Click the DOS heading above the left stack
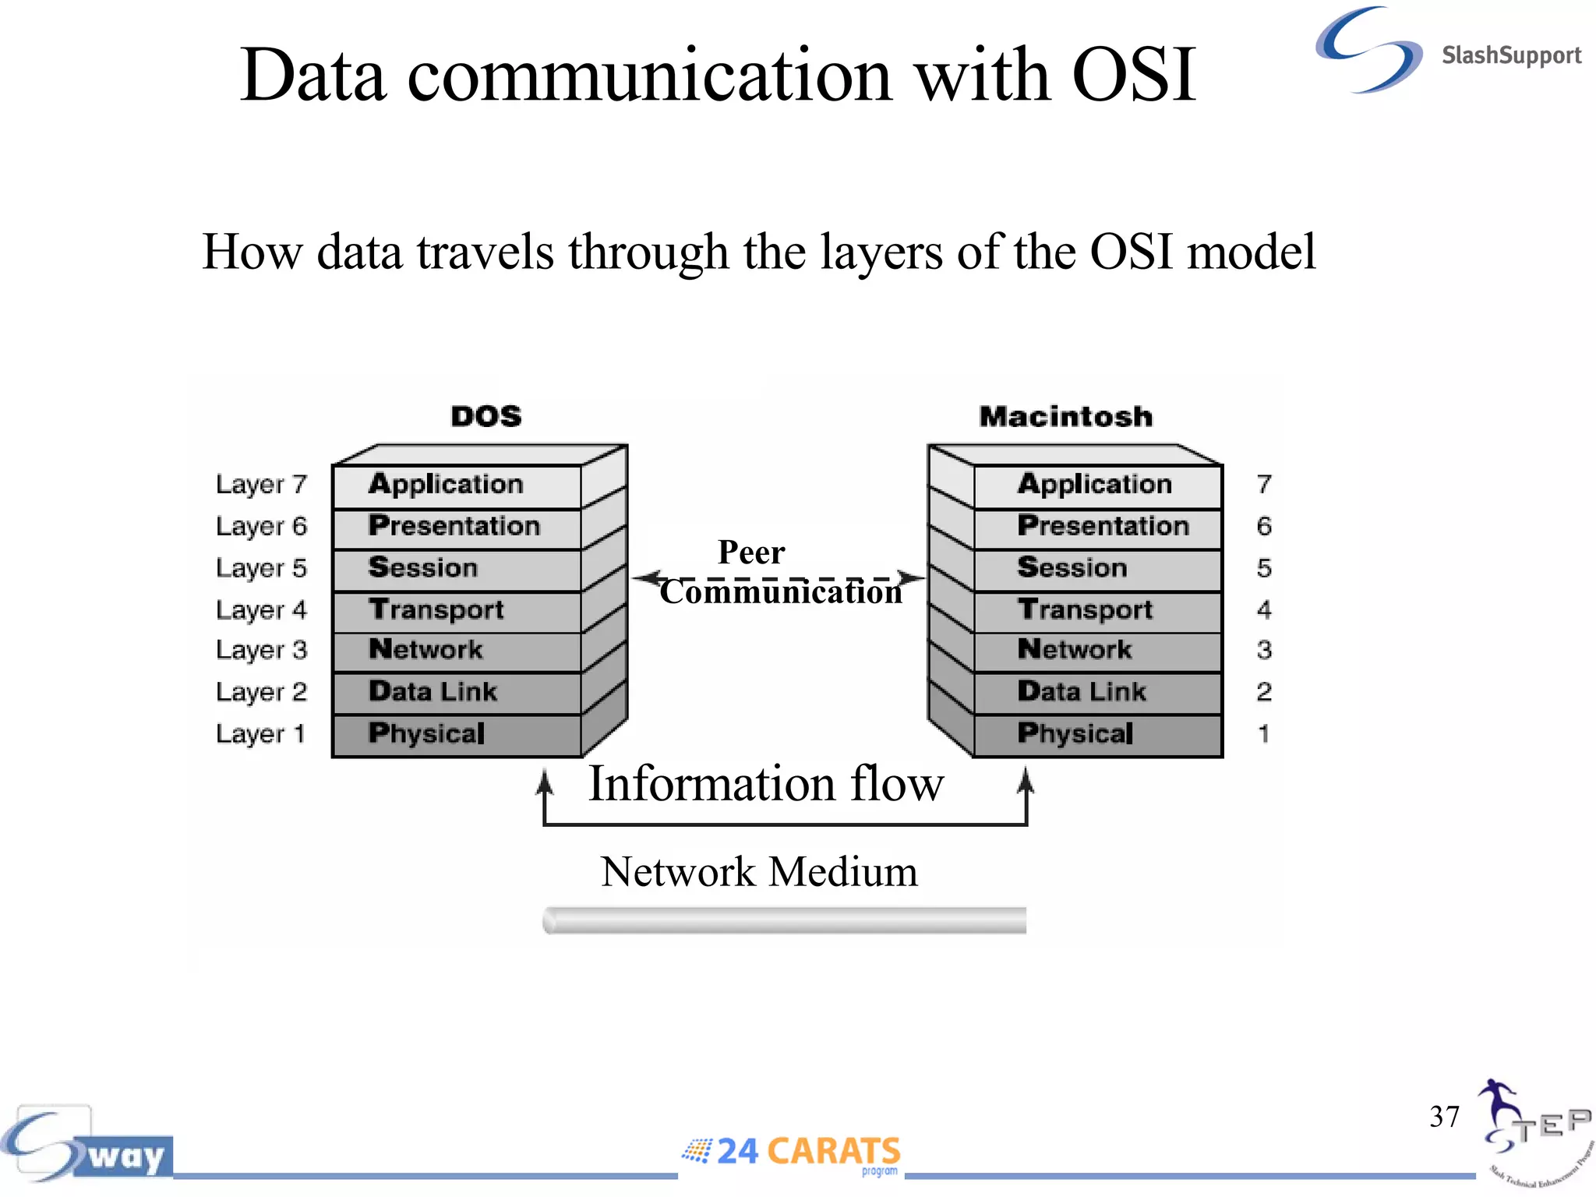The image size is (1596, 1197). pos(486,416)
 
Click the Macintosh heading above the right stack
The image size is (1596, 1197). pos(1065,416)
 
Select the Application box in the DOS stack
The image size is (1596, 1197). pos(457,486)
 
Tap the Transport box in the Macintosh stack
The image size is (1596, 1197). pos(1097,610)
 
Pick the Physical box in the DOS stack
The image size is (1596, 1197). pos(457,734)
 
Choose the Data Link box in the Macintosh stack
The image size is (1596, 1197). pos(1097,692)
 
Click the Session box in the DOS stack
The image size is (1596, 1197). pos(457,568)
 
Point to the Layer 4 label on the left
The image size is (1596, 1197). pos(262,610)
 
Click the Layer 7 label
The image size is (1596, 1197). pos(262,485)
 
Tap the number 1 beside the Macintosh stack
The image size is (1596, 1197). pos(1263,734)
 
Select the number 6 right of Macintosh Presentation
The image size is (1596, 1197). pos(1263,527)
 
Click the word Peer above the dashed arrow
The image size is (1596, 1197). pos(751,553)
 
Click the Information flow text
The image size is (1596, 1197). pos(765,784)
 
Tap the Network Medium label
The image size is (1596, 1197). pos(759,871)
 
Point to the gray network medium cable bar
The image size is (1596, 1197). pos(784,920)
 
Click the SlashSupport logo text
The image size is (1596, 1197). pos(1510,55)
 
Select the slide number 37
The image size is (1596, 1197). pos(1444,1117)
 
